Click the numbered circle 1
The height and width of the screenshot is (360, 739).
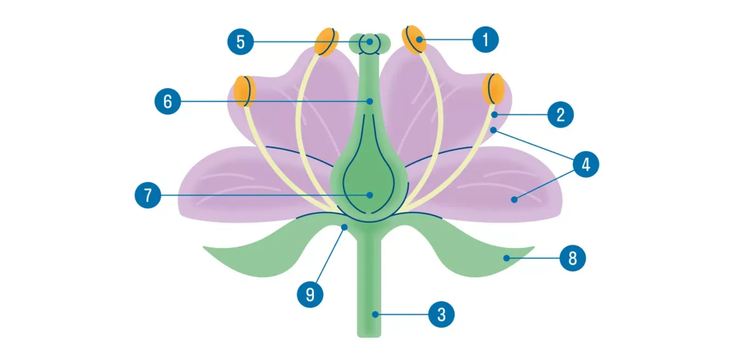point(485,40)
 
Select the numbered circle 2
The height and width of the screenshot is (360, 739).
point(560,115)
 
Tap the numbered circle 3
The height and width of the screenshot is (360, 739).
point(441,314)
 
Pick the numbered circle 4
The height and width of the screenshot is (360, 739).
point(586,164)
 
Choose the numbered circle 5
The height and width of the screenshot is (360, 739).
point(240,42)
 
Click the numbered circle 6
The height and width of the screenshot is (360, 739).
point(168,101)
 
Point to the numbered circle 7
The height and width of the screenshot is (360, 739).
point(148,195)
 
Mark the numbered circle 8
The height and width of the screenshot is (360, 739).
point(573,258)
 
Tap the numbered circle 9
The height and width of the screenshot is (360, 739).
point(310,294)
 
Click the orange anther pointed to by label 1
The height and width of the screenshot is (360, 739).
point(414,40)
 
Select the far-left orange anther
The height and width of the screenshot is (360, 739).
point(244,91)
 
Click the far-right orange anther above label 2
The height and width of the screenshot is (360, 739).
point(494,89)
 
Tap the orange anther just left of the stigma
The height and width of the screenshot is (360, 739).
point(326,42)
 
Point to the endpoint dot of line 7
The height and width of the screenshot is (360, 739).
point(370,195)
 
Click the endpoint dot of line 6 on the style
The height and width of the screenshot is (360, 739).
point(370,101)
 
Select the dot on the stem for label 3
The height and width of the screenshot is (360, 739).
point(375,314)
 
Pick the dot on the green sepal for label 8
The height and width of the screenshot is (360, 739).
point(506,258)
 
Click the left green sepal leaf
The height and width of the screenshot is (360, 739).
point(264,251)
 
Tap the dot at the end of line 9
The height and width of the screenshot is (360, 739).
point(344,227)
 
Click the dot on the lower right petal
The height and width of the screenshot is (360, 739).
point(514,200)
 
